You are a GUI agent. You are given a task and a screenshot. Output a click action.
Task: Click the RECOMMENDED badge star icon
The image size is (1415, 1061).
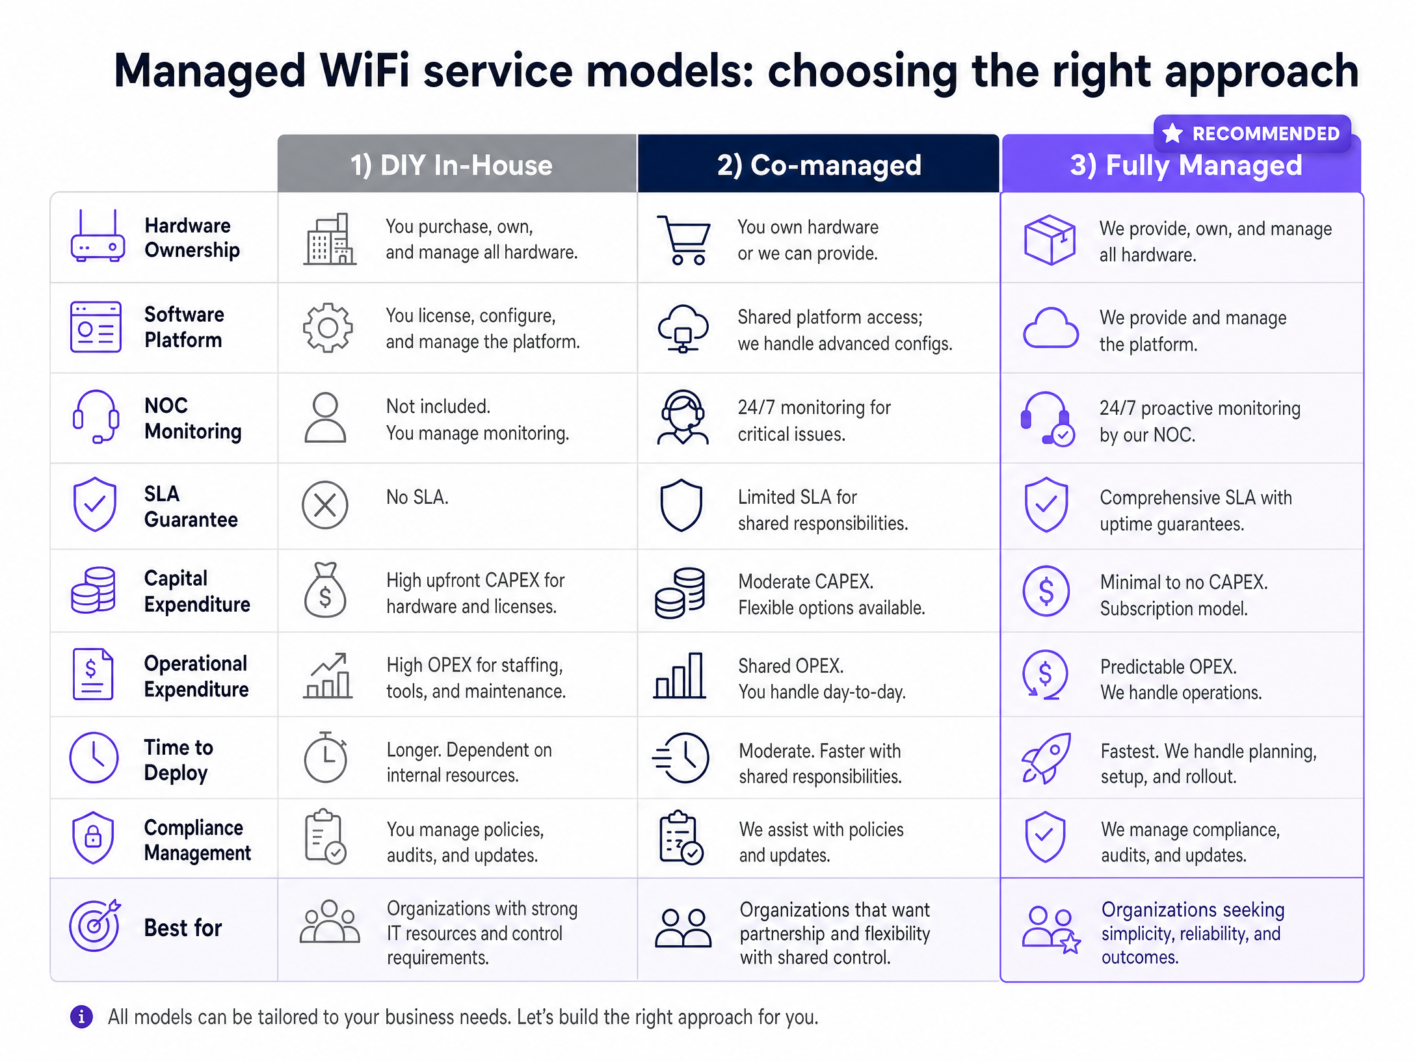pyautogui.click(x=1172, y=133)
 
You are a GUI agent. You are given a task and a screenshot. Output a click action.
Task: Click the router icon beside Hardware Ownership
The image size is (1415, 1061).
pyautogui.click(x=98, y=235)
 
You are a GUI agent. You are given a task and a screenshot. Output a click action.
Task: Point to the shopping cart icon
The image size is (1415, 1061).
pyautogui.click(x=684, y=240)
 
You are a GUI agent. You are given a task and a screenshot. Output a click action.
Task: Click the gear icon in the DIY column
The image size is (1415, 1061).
pyautogui.click(x=328, y=328)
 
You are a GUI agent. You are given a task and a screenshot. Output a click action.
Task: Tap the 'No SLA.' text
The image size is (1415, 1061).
pyautogui.click(x=417, y=497)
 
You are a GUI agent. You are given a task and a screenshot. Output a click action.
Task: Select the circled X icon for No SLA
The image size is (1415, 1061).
pyautogui.click(x=325, y=505)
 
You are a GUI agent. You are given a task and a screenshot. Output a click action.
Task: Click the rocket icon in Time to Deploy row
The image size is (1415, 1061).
pyautogui.click(x=1046, y=758)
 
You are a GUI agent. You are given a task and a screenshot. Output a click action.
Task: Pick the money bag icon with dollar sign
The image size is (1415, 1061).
pyautogui.click(x=325, y=590)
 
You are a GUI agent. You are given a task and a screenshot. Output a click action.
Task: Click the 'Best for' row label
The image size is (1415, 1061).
pyautogui.click(x=183, y=928)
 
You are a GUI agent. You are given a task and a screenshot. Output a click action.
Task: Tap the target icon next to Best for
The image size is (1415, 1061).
pyautogui.click(x=95, y=925)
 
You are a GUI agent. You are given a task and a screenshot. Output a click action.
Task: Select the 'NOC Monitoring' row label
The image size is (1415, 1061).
pyautogui.click(x=193, y=418)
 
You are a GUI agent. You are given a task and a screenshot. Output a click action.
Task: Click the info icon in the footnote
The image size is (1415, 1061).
pyautogui.click(x=81, y=1017)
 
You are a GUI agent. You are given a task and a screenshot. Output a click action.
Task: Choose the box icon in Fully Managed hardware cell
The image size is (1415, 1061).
pyautogui.click(x=1050, y=240)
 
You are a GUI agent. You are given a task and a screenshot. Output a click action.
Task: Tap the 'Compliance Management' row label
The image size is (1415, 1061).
pyautogui.click(x=197, y=840)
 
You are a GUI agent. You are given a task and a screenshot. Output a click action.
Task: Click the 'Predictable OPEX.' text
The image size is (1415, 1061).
pyautogui.click(x=1169, y=666)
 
